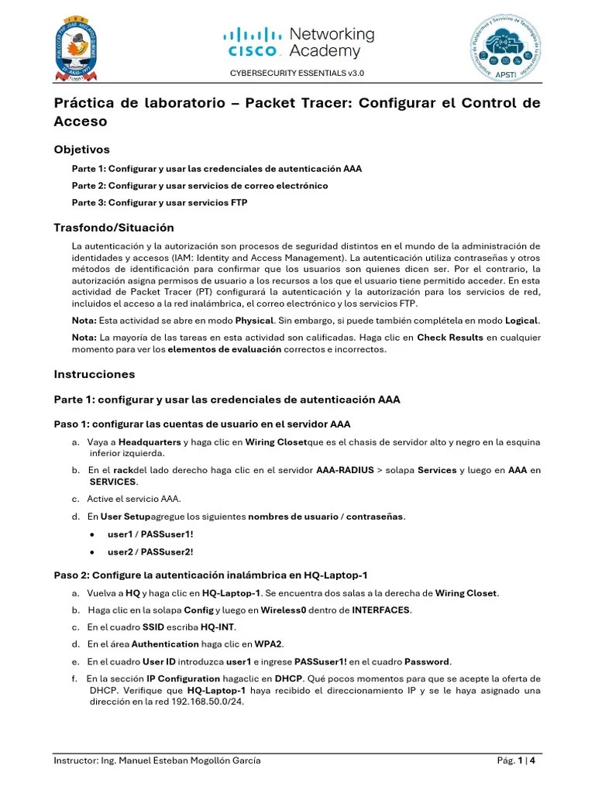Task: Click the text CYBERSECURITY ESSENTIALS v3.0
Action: [x=297, y=73]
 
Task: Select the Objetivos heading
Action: [x=81, y=149]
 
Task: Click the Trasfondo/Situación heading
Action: [x=113, y=228]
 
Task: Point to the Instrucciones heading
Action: [x=94, y=374]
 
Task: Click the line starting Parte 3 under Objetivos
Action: [x=160, y=203]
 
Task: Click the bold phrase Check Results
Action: [x=449, y=338]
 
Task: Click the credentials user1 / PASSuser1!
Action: [x=139, y=534]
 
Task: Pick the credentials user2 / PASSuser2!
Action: [x=139, y=552]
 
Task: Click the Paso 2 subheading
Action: [x=210, y=575]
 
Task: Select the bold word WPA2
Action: [x=270, y=644]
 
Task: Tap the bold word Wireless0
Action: [x=284, y=610]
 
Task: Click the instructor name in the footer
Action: [x=157, y=760]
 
